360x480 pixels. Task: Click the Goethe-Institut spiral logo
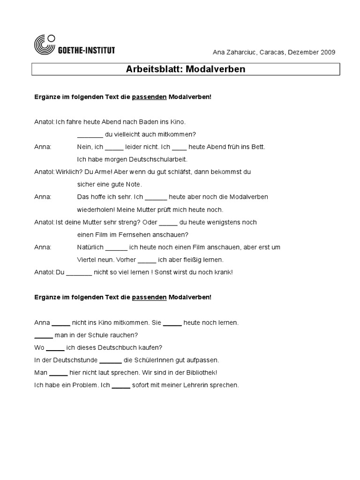pos(45,45)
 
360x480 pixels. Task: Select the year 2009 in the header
pos(327,52)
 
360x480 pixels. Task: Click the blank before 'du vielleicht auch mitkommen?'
pos(90,135)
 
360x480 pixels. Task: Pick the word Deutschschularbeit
pos(160,159)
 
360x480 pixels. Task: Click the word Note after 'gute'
pos(134,185)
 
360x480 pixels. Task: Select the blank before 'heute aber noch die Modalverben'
pos(156,197)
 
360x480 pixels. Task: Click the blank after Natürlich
pos(116,247)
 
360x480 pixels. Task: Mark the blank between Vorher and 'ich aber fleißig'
pos(147,260)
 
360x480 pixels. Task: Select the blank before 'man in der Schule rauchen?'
pos(44,336)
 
